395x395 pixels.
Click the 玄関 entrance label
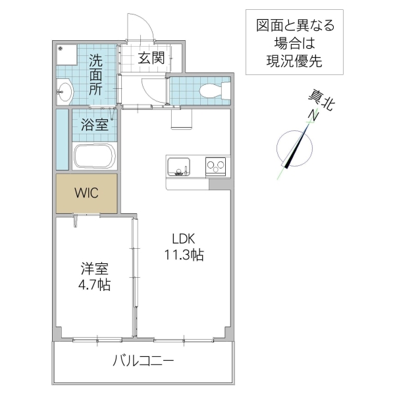click(151, 58)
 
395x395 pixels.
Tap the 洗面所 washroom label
click(96, 74)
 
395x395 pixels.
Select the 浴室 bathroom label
click(95, 125)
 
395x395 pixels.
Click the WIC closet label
click(86, 193)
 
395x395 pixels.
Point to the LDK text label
click(184, 239)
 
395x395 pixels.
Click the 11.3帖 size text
click(184, 255)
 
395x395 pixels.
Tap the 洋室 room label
click(95, 269)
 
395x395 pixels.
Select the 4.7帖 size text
click(95, 286)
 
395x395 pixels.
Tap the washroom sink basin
click(65, 91)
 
